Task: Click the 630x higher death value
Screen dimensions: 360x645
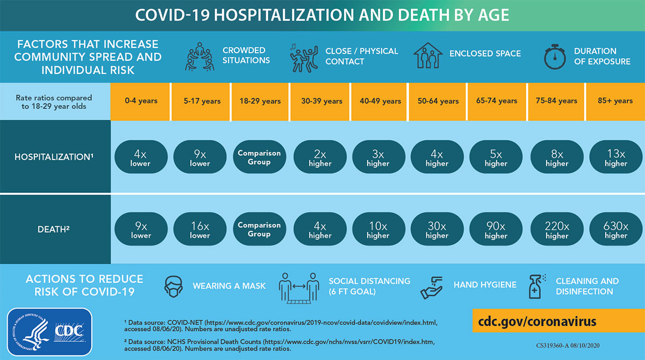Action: point(615,230)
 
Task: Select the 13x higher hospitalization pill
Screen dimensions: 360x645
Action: point(615,157)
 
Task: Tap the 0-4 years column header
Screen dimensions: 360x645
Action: point(140,101)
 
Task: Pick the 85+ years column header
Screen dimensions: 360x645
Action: point(615,101)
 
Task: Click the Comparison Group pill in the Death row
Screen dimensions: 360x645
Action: point(259,230)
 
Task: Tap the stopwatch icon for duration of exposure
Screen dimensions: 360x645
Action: point(555,56)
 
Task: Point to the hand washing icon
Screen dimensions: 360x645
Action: point(433,286)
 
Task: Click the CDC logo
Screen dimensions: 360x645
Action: point(49,333)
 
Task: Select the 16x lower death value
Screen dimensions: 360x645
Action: point(200,230)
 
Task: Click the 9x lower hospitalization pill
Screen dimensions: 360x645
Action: point(200,157)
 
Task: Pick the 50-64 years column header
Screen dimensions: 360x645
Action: point(438,101)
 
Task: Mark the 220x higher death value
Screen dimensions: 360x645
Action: point(557,230)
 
